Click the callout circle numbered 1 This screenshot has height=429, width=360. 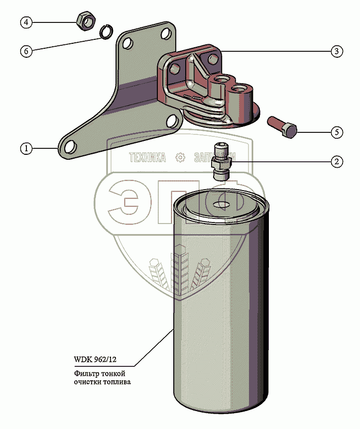[x=26, y=148]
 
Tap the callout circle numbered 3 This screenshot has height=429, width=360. [x=337, y=51]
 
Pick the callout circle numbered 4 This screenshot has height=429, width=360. [x=26, y=22]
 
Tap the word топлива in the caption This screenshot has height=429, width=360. [x=120, y=382]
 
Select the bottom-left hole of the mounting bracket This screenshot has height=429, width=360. [x=70, y=146]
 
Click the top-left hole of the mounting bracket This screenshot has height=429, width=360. [x=128, y=44]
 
